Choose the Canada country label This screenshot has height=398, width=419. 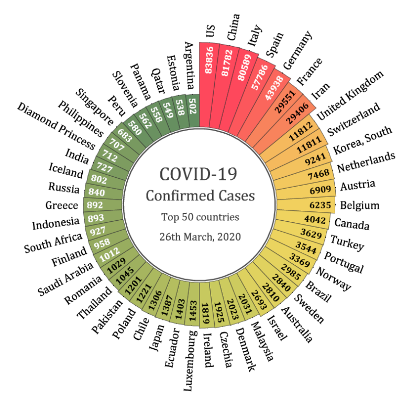[x=351, y=224]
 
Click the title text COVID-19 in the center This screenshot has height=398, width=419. [x=200, y=175]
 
